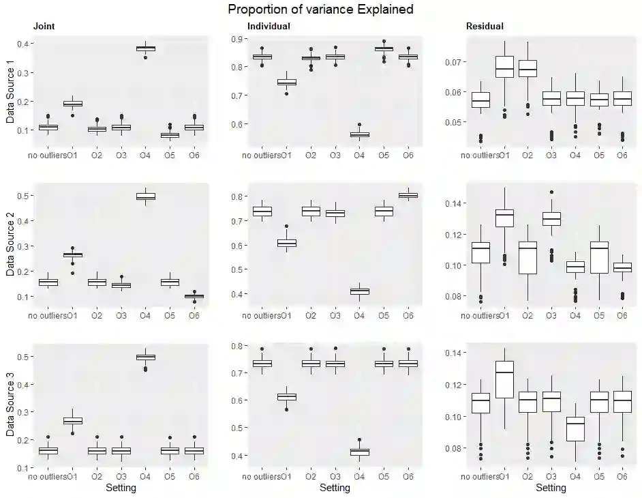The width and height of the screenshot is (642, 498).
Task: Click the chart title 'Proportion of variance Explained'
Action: pyautogui.click(x=320, y=10)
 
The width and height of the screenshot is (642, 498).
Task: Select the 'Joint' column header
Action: pyautogui.click(x=44, y=27)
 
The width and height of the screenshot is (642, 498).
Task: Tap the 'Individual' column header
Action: pyautogui.click(x=269, y=27)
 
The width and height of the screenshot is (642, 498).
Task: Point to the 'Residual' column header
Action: pyautogui.click(x=485, y=27)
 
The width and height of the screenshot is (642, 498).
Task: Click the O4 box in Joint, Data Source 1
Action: pyautogui.click(x=145, y=48)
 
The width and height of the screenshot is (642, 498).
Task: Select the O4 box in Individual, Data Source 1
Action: pyautogui.click(x=359, y=134)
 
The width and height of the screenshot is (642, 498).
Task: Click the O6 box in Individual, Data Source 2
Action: pyautogui.click(x=408, y=195)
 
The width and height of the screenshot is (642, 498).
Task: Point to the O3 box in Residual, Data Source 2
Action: pyautogui.click(x=551, y=218)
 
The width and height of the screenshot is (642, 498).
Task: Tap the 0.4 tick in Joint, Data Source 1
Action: pyautogui.click(x=22, y=44)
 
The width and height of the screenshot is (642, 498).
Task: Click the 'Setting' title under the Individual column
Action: pyautogui.click(x=335, y=488)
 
